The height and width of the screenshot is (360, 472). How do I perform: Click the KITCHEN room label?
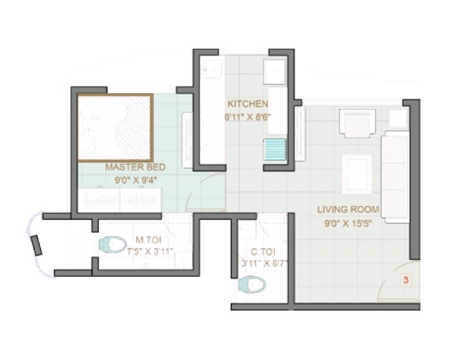[x=248, y=104]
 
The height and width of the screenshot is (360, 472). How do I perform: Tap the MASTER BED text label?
[x=135, y=167]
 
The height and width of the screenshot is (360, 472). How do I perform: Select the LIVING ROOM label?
[x=349, y=210]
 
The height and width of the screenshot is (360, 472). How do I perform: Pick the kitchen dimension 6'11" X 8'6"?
[x=248, y=117]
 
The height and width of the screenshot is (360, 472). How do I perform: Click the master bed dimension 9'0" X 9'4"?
[x=135, y=180]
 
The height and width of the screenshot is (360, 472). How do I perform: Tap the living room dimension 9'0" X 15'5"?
[x=349, y=222]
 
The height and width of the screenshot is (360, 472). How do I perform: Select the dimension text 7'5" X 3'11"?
[x=151, y=252]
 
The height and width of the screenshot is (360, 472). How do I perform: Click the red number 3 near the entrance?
[x=405, y=281]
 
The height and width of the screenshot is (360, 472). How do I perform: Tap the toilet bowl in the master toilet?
[x=112, y=245]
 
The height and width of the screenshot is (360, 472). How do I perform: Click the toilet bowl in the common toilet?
[x=251, y=285]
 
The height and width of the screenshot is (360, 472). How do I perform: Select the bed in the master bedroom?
[x=115, y=127]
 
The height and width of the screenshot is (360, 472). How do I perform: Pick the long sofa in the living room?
[x=395, y=176]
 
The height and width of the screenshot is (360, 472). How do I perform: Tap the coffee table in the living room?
[x=356, y=173]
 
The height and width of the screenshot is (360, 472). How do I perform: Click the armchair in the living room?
[x=357, y=123]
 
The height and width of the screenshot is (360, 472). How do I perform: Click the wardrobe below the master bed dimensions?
[x=120, y=200]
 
